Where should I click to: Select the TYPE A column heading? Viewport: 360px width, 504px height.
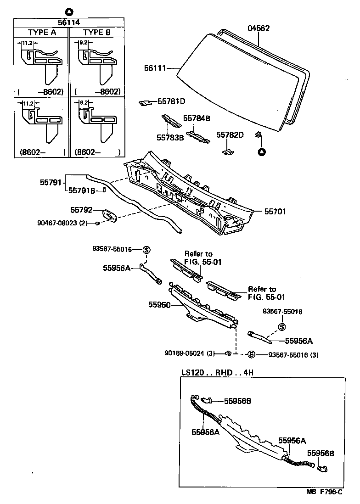(41, 33)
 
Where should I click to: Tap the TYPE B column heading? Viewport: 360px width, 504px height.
(97, 33)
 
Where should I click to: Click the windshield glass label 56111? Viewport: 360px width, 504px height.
(155, 68)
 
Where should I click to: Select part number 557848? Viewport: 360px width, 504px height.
(197, 118)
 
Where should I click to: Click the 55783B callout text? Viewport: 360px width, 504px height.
(170, 137)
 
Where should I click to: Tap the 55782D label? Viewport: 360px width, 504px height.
(230, 134)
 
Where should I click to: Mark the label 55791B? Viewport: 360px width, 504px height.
(82, 190)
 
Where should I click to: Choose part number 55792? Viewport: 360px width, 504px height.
(81, 210)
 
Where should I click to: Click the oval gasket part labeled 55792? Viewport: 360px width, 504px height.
(109, 214)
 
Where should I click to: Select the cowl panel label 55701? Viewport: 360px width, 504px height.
(275, 212)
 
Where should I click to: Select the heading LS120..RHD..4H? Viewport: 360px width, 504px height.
(217, 372)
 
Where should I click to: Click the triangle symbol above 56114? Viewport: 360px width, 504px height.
(68, 11)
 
